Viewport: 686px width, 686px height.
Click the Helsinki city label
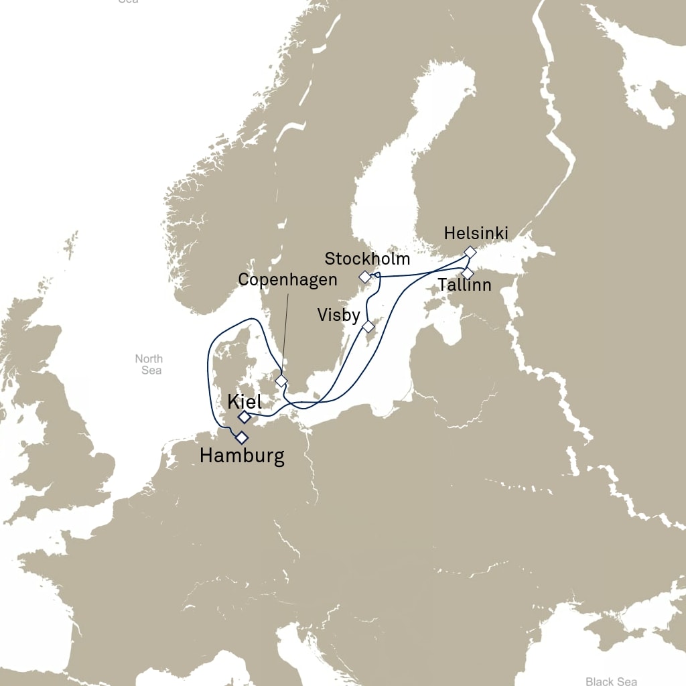[476, 234]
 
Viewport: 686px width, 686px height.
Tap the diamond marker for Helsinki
[470, 252]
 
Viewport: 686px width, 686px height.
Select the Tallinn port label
[464, 285]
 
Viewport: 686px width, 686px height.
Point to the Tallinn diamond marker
[468, 273]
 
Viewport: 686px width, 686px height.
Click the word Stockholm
[366, 259]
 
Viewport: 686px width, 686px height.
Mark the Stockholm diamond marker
[364, 277]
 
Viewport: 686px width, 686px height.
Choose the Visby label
[340, 315]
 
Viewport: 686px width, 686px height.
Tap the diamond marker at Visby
[368, 327]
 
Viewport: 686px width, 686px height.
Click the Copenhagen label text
[287, 279]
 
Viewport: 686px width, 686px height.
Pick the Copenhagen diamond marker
[281, 381]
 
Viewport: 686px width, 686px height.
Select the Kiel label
[244, 402]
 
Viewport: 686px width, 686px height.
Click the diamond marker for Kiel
[245, 417]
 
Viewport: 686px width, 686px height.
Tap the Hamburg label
[242, 457]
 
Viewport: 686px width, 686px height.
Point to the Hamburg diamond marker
[241, 438]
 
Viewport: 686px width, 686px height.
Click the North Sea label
[148, 364]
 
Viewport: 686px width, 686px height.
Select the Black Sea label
[611, 681]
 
